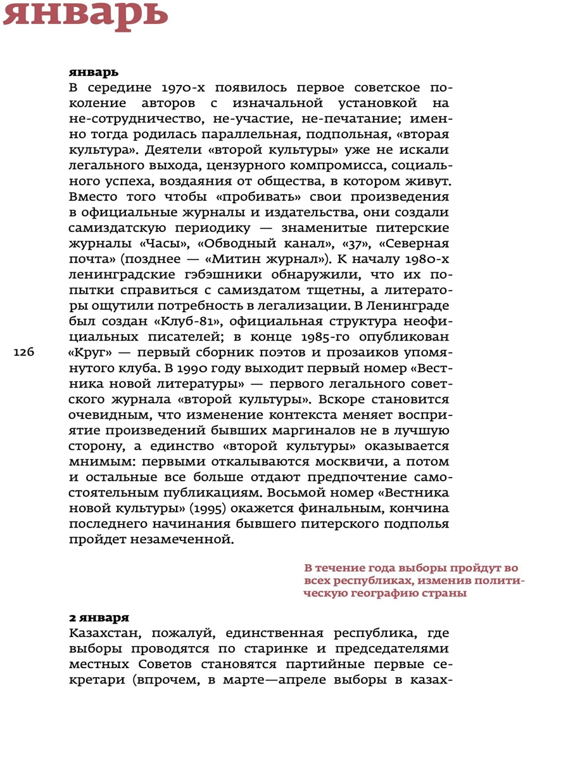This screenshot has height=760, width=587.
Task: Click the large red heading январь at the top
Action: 85,15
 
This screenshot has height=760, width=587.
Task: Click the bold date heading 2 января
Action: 99,617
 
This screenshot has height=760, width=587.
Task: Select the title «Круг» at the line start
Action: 87,353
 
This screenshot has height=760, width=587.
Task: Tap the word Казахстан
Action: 108,633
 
